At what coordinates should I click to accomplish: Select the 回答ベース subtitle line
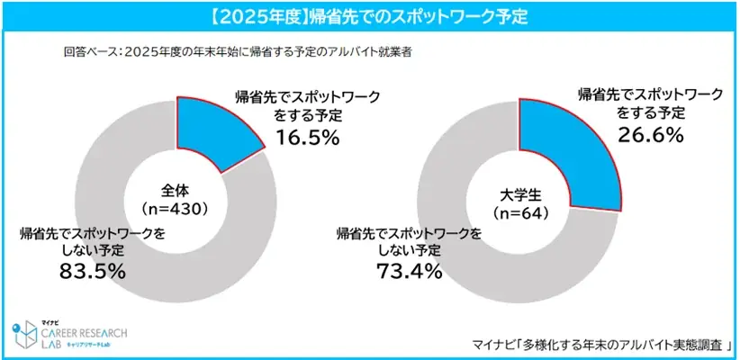239,50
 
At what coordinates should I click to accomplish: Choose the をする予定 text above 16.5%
303,115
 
